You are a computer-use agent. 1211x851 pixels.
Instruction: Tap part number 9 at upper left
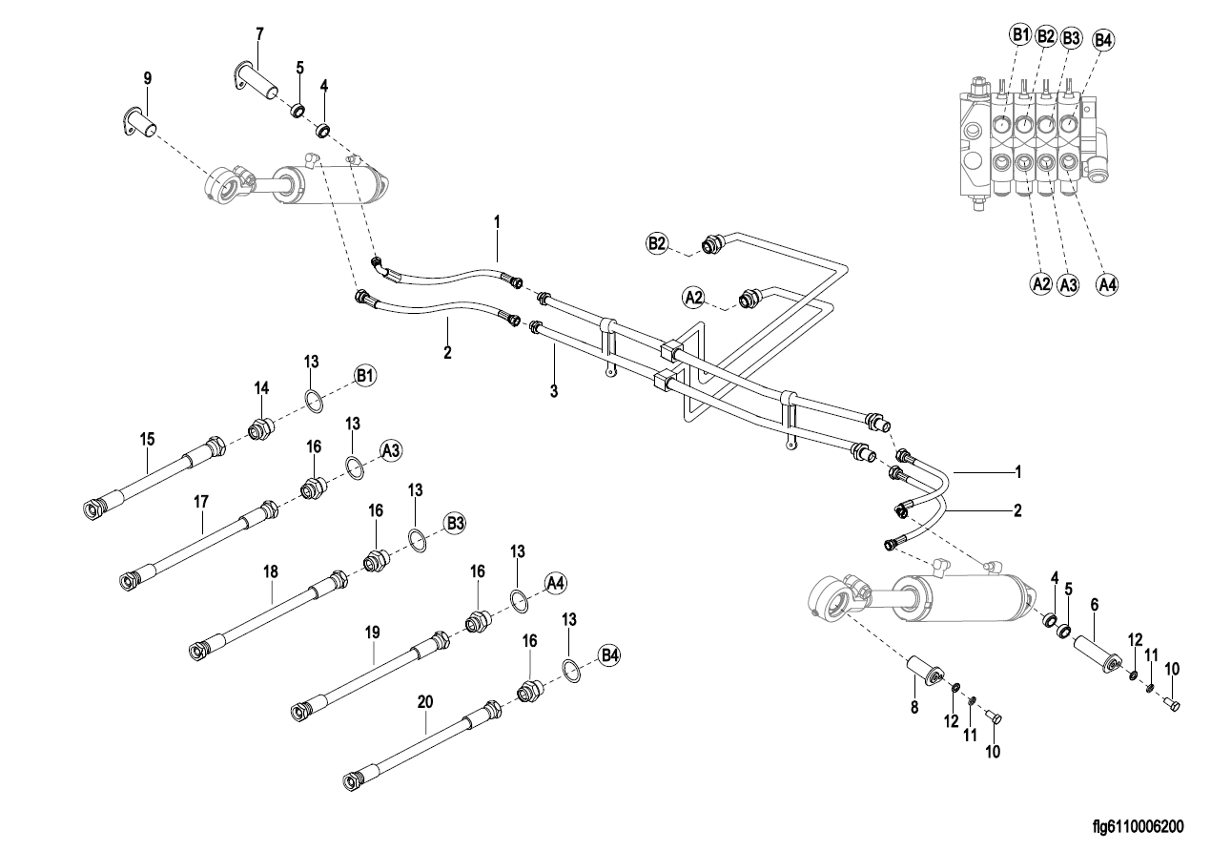pos(147,77)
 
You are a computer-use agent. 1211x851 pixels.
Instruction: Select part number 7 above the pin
pos(259,33)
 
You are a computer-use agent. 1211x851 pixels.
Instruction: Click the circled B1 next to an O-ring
pos(365,375)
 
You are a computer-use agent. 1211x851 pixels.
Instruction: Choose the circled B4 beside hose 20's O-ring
pos(609,655)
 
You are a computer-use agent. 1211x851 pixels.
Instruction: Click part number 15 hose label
pos(147,440)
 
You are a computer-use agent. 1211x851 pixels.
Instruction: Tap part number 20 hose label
pos(425,701)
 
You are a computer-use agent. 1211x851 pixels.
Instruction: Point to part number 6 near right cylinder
pos(1094,605)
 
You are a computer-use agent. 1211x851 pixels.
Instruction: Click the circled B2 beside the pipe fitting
pos(658,244)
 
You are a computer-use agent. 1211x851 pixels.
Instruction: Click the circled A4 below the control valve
pos(1106,282)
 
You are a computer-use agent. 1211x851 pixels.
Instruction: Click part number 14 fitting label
pos(262,387)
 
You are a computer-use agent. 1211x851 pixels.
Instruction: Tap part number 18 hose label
pos(271,571)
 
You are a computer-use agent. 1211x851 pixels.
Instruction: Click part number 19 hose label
pos(372,632)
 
